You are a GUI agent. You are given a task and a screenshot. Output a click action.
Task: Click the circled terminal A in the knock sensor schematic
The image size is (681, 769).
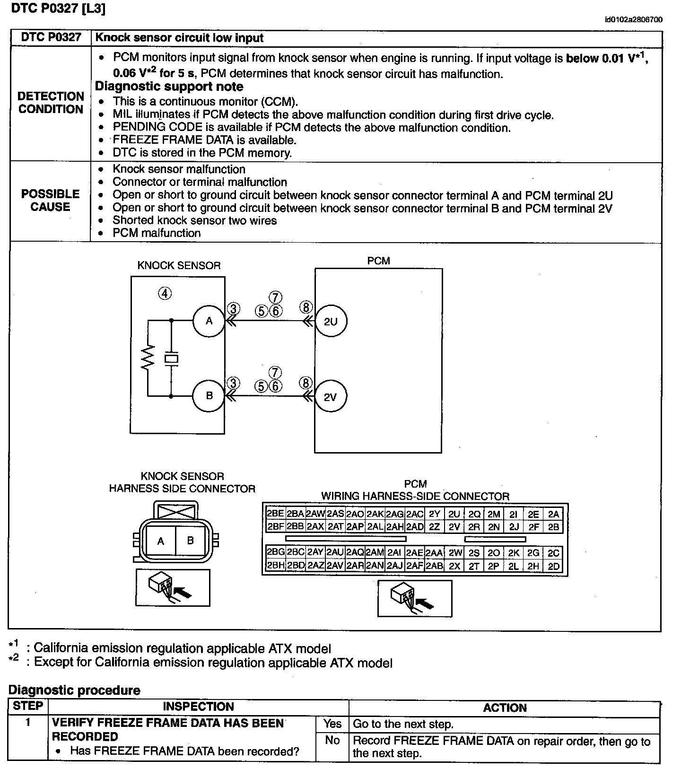(209, 321)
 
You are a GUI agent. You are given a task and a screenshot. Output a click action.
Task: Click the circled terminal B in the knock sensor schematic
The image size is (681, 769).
(209, 396)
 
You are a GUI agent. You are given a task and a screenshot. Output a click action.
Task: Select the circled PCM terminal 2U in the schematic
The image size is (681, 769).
(331, 321)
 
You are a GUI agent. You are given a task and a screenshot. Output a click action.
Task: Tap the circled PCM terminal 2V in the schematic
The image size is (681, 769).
(330, 397)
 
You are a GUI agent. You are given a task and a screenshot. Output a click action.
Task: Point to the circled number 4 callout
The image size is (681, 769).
(164, 294)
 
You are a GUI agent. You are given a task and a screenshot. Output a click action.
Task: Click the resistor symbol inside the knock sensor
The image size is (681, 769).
(148, 358)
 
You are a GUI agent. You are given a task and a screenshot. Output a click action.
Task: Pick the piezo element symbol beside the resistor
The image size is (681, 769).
(171, 359)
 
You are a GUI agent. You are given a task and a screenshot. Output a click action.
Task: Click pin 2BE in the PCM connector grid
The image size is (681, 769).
(275, 514)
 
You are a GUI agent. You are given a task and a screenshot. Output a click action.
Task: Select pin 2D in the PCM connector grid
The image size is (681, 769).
(553, 566)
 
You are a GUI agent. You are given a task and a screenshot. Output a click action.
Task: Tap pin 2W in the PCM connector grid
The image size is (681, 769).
(455, 553)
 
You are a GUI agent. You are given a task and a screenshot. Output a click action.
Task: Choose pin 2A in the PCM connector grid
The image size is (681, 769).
(553, 514)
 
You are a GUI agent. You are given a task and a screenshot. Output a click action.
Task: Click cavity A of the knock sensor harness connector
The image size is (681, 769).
(161, 541)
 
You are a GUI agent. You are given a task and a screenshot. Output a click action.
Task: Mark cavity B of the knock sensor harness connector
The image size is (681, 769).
(191, 540)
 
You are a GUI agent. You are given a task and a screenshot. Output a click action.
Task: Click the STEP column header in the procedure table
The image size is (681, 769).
(28, 706)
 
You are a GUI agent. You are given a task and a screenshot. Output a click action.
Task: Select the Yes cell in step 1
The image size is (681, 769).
(332, 724)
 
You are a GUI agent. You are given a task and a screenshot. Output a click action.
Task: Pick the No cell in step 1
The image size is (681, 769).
(332, 741)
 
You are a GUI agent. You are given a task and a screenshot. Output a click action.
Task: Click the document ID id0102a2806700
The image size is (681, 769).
(633, 20)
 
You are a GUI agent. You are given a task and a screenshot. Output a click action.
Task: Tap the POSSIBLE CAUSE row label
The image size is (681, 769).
(50, 201)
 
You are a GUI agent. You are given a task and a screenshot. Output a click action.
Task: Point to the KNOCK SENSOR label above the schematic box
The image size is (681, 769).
(179, 265)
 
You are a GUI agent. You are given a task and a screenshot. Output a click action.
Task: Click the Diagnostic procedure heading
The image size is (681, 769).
(74, 690)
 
